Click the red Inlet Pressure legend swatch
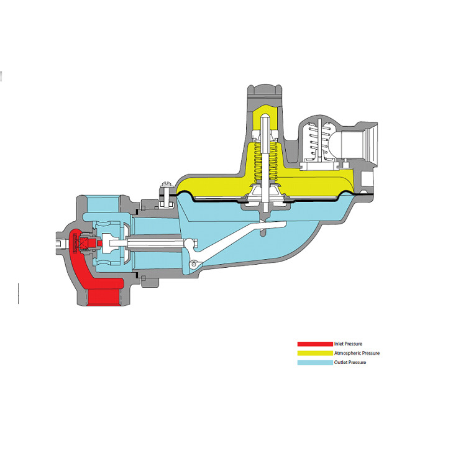pos(316,344)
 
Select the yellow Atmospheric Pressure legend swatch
pos(316,353)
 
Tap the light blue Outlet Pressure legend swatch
pos(316,362)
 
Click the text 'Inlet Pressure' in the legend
pos(348,344)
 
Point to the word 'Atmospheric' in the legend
pos(349,353)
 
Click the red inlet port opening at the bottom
pos(106,296)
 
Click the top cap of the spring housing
pos(266,93)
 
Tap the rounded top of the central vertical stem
pos(266,119)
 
